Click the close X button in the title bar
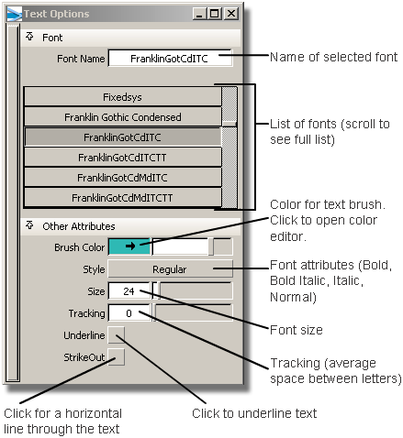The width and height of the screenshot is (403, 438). point(231,14)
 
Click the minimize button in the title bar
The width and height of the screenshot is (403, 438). point(200,14)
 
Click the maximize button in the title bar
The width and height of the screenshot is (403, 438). point(215,14)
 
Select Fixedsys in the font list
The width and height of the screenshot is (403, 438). point(122,97)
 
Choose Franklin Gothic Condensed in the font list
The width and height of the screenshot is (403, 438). point(122,117)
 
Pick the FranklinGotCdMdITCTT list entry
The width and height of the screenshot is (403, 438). point(122,198)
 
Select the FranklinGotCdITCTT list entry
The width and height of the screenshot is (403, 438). point(122,158)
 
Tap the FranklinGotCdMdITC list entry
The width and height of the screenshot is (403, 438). point(122,178)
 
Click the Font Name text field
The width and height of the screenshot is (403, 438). point(170,58)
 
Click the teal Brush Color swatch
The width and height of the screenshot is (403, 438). point(129,246)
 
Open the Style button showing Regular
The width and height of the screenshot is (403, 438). point(170,269)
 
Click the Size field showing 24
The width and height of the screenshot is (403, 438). point(129,291)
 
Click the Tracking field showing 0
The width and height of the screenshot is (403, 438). point(129,313)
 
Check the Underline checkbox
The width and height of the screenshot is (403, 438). point(117,335)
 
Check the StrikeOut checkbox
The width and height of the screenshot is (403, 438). point(117,357)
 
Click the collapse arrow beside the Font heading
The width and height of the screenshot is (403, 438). point(29,37)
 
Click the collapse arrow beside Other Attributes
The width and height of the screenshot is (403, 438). point(29,225)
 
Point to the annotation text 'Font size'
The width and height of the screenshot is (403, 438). point(297,330)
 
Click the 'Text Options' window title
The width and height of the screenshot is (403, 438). point(57,14)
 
